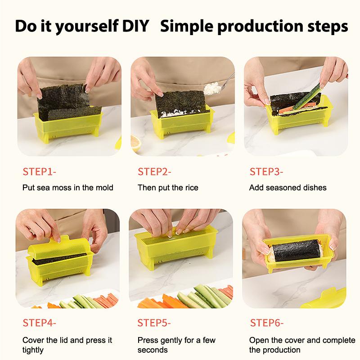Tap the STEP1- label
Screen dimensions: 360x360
[x=40, y=171]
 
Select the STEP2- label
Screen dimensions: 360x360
[x=154, y=171]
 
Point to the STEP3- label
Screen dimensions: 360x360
[x=266, y=171]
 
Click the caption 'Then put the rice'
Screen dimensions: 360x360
[x=167, y=188]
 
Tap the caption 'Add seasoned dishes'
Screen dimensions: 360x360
[x=288, y=188]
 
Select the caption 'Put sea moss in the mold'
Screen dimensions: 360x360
[x=67, y=188]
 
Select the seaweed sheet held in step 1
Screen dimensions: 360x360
[x=63, y=97]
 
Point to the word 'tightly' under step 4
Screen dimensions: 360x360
[x=33, y=350]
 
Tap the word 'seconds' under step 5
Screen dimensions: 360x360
[x=153, y=350]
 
